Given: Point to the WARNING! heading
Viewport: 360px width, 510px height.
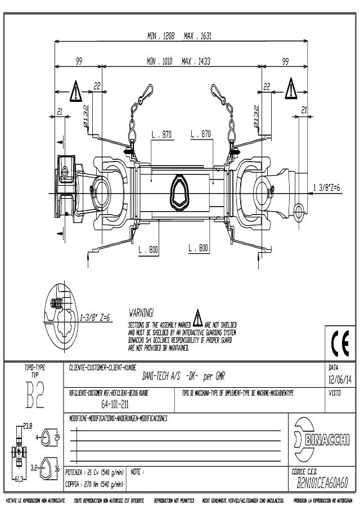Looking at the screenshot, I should (x=141, y=311).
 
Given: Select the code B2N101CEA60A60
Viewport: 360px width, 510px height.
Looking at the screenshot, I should (x=322, y=482).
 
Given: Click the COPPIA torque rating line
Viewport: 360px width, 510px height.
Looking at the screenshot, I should (x=94, y=484).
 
